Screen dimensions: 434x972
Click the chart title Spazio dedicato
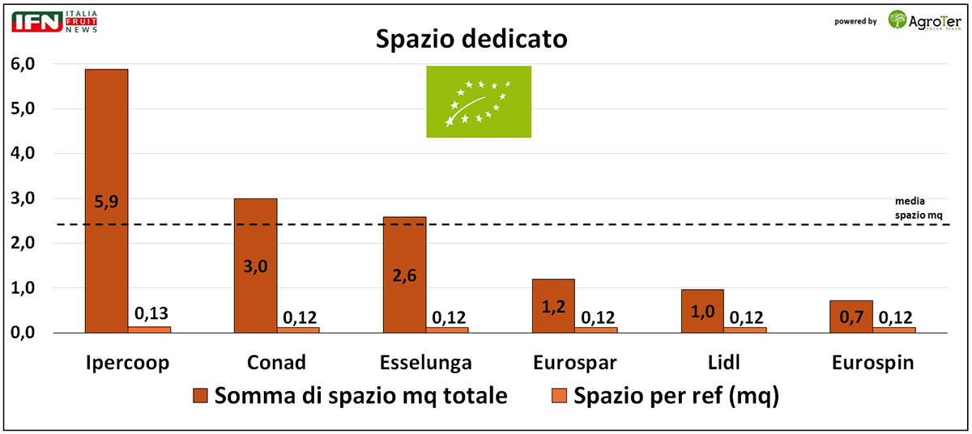[471, 39]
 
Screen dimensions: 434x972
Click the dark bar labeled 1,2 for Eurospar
[553, 306]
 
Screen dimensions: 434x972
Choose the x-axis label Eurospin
[872, 364]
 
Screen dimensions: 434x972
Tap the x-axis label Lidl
[723, 364]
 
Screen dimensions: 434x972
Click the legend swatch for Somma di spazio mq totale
[201, 397]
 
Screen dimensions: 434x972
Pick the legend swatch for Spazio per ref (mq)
[559, 397]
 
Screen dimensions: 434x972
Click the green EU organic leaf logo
[479, 101]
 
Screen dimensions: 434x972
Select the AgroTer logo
[923, 19]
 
